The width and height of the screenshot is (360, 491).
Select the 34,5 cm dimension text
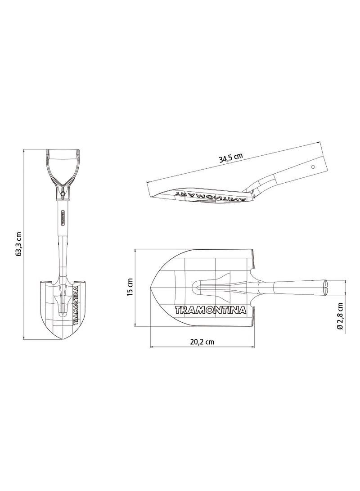pyautogui.click(x=230, y=158)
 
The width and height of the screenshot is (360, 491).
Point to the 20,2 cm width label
pyautogui.click(x=202, y=342)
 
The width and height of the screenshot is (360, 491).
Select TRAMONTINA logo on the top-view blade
pyautogui.click(x=209, y=310)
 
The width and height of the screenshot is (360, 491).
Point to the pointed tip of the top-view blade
pyautogui.click(x=151, y=288)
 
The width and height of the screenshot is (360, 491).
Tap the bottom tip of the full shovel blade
pyautogui.click(x=63, y=340)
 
